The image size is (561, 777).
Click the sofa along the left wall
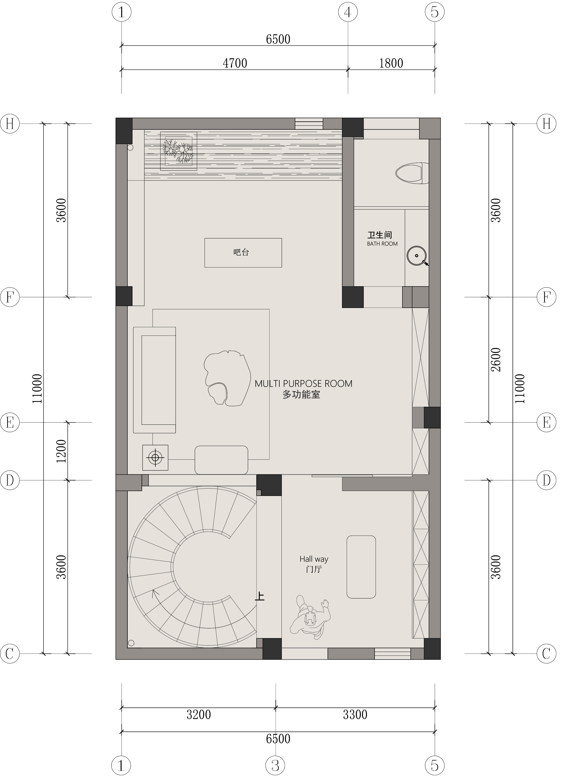coord(154,380)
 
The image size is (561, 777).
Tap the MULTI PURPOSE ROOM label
coord(303,384)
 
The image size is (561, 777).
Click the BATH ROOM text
coord(382,244)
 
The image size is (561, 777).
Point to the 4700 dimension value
coord(235,63)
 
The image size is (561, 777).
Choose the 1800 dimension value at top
coord(391,63)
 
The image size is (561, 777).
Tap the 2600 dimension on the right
coord(496,360)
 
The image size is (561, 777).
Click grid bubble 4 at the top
coord(348,12)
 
